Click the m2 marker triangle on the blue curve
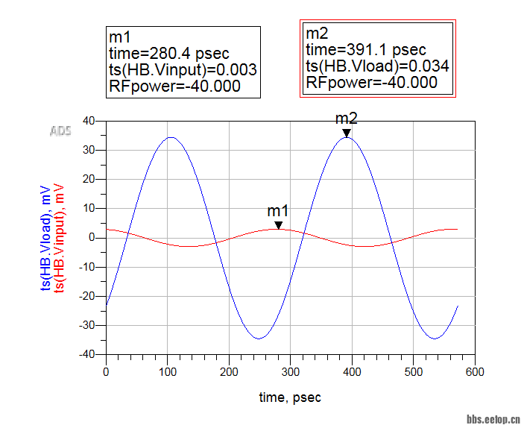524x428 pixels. click(x=347, y=133)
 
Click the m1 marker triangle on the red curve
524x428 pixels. click(x=279, y=225)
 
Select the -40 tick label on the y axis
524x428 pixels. click(x=88, y=355)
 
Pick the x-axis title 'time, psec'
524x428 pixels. click(x=290, y=397)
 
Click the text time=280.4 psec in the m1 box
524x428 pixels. click(x=169, y=53)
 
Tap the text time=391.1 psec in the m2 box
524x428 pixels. click(x=366, y=50)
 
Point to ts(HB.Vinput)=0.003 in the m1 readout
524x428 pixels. click(x=183, y=69)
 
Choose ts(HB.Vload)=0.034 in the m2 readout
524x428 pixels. click(x=377, y=66)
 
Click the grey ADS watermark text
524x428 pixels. click(x=60, y=132)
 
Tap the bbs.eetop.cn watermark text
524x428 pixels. click(x=493, y=419)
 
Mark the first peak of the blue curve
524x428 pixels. click(x=171, y=137)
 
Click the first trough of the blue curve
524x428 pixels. click(x=259, y=339)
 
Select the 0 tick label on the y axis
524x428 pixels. click(x=94, y=238)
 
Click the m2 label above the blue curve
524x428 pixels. click(x=347, y=119)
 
